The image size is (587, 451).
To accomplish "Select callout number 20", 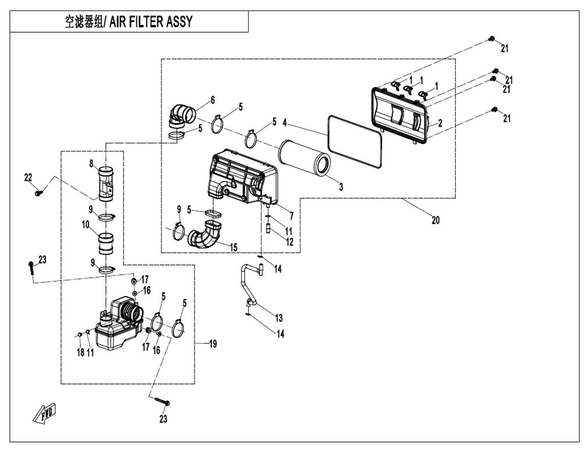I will click(x=436, y=220).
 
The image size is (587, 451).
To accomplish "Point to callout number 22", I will click(x=27, y=177).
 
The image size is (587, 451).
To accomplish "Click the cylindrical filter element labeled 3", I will click(x=304, y=157).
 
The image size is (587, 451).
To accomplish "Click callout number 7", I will click(x=291, y=216).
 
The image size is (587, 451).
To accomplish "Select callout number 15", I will click(x=234, y=248).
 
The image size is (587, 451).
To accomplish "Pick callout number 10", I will click(x=85, y=224).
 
